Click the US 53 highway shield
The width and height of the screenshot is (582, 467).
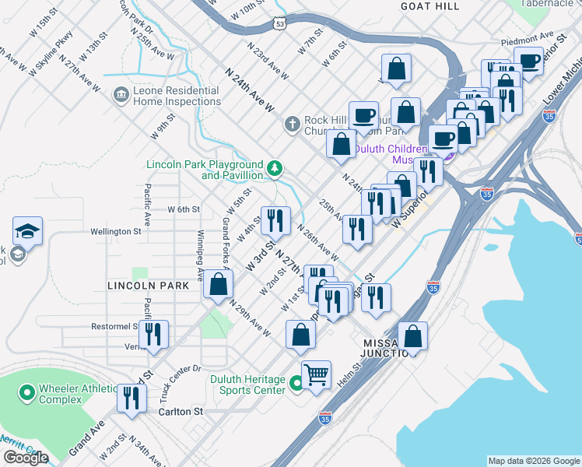click(279, 24)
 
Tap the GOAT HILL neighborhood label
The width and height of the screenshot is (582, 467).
click(429, 5)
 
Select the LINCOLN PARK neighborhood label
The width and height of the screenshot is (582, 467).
click(148, 286)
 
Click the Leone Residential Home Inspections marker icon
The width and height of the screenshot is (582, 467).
click(121, 95)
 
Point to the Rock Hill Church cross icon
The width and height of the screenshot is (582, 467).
click(292, 124)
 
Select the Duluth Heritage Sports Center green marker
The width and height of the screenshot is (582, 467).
click(296, 384)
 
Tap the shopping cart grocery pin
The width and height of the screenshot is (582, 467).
click(317, 375)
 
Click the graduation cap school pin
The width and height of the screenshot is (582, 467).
click(27, 231)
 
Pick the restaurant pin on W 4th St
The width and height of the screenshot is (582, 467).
click(275, 221)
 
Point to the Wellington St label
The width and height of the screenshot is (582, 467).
click(116, 231)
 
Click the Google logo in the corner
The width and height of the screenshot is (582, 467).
click(26, 458)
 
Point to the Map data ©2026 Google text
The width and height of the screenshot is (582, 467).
click(534, 461)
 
